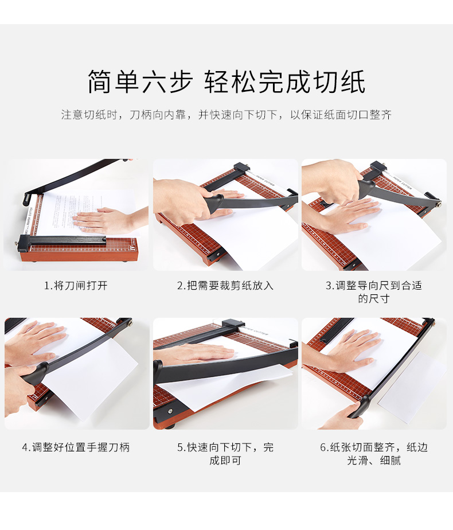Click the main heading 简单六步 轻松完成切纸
226,82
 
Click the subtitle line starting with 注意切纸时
226,115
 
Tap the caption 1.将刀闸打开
76,286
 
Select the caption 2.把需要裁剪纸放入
225,286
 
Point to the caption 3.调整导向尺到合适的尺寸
374,292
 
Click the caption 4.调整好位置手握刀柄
76,447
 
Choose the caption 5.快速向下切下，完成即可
225,454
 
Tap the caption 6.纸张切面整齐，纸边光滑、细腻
374,454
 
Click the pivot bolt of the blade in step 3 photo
439,204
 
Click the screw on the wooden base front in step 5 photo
170,411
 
